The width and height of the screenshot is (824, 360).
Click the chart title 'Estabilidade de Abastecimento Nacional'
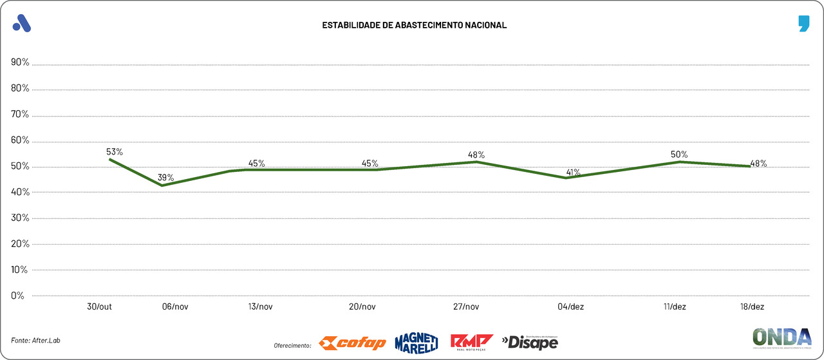pyautogui.click(x=415, y=25)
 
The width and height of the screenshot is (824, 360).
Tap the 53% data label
pyautogui.click(x=115, y=152)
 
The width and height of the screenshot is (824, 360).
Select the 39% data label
pyautogui.click(x=166, y=178)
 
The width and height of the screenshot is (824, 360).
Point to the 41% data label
pyautogui.click(x=573, y=173)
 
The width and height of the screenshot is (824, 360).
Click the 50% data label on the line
pyautogui.click(x=679, y=155)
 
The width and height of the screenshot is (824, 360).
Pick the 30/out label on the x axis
pyautogui.click(x=100, y=307)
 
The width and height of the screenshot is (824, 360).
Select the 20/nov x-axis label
pyautogui.click(x=362, y=307)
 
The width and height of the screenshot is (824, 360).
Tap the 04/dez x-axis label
pyautogui.click(x=571, y=307)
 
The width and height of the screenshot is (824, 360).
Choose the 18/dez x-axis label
pyautogui.click(x=752, y=307)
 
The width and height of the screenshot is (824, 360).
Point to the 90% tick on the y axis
pyautogui.click(x=20, y=62)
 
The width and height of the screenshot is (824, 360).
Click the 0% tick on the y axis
pyautogui.click(x=17, y=296)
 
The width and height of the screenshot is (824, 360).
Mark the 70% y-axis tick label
pyautogui.click(x=20, y=115)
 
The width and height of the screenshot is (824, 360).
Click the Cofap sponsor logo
pyautogui.click(x=353, y=342)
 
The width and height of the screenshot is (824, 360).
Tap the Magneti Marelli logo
pyautogui.click(x=417, y=342)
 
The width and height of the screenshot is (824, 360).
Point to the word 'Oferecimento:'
pyautogui.click(x=292, y=345)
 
